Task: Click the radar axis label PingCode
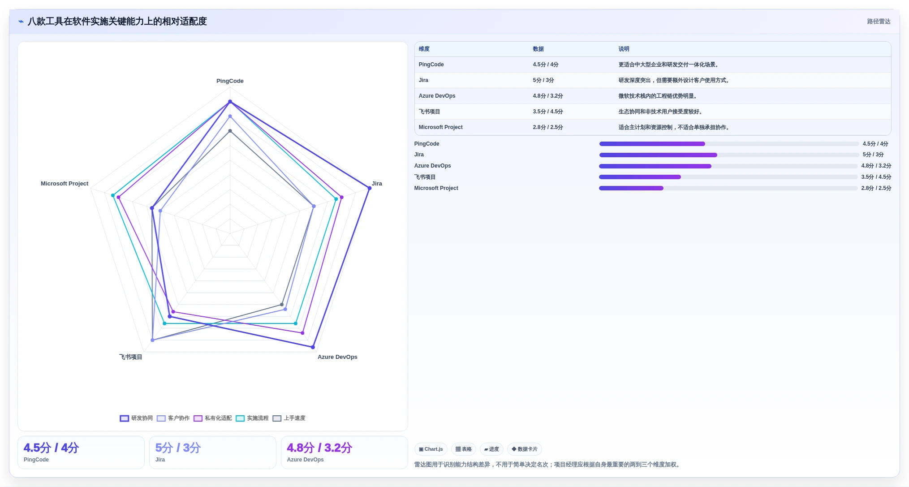(x=230, y=81)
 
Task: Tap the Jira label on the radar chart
(x=377, y=184)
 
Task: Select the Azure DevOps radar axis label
(x=337, y=357)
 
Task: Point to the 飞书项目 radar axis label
(x=131, y=357)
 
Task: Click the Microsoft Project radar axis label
(x=65, y=184)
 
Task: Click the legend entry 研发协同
(x=136, y=418)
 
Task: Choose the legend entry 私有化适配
(x=212, y=418)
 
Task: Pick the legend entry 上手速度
(x=289, y=418)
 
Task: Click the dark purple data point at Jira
(x=369, y=188)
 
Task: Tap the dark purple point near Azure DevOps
(x=313, y=347)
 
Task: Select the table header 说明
(x=624, y=49)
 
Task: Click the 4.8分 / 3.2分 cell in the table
(x=547, y=96)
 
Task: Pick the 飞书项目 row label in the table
(x=429, y=112)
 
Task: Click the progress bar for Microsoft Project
(x=728, y=188)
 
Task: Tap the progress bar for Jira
(x=729, y=155)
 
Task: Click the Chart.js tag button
(x=431, y=449)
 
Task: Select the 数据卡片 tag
(x=524, y=449)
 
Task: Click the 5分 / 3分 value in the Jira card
(x=178, y=448)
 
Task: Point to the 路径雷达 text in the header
(x=879, y=22)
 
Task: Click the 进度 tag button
(x=491, y=449)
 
